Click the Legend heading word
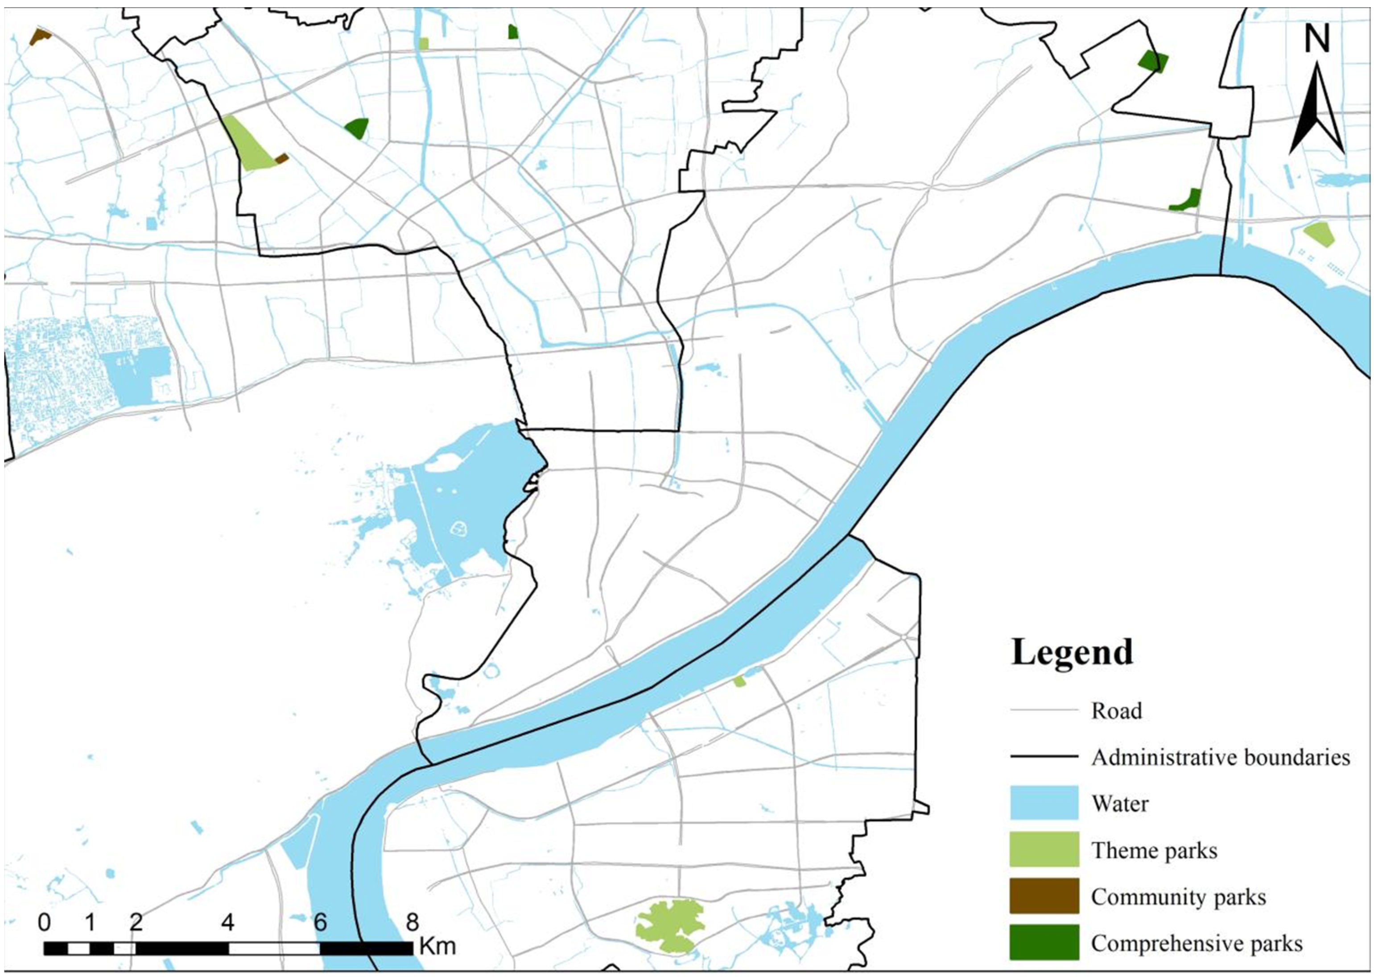coord(1072,651)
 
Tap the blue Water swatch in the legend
coord(1044,803)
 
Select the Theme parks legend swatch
coord(1044,850)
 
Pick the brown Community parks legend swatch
coord(1044,896)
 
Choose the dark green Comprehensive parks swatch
coord(1044,942)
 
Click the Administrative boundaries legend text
coord(1221,757)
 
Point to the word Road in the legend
coord(1117,710)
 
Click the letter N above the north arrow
coord(1317,39)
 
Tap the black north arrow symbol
coord(1317,111)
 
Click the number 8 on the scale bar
coord(412,922)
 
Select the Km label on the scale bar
coord(437,946)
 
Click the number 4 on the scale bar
coord(227,922)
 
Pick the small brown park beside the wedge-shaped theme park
coord(281,158)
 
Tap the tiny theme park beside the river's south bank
coord(739,681)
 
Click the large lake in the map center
coord(463,505)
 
